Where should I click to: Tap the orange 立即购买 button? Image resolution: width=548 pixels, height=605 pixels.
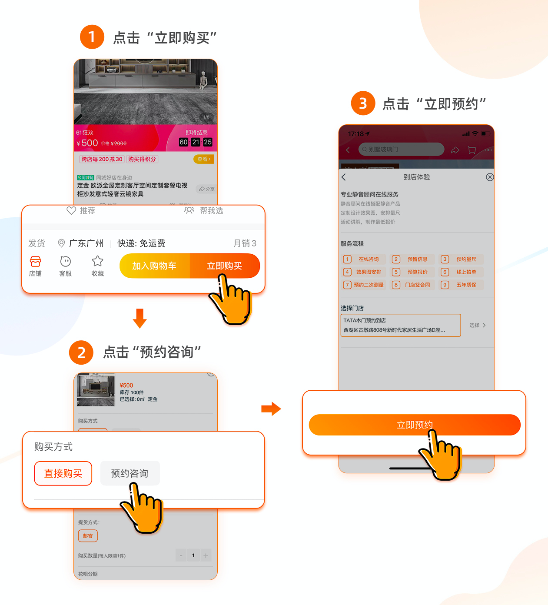coord(225,266)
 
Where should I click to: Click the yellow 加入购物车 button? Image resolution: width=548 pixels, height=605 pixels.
coord(154,266)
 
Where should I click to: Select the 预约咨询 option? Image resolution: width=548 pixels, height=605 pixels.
coord(130,473)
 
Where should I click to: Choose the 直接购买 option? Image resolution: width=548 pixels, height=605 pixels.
coord(63,473)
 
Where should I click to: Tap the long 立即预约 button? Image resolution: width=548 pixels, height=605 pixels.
coord(414,425)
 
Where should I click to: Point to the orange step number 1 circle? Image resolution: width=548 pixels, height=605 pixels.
coord(92,37)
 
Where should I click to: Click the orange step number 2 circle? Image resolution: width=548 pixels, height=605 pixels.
coord(81,352)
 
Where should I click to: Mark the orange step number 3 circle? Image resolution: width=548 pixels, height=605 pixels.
coord(363,103)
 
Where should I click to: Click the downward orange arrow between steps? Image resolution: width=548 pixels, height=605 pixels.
coord(139,318)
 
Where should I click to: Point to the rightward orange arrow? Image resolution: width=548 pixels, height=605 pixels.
coord(271,409)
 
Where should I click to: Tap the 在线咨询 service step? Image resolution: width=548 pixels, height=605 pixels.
coord(364,259)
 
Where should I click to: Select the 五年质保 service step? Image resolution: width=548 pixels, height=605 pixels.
coord(462,285)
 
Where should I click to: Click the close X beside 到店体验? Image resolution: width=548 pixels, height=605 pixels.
coord(490,177)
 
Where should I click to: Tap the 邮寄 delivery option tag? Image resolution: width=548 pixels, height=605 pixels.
coord(88,536)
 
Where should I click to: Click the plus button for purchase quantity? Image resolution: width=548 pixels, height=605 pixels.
coord(206,555)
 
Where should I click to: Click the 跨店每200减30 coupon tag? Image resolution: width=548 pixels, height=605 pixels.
coord(102,159)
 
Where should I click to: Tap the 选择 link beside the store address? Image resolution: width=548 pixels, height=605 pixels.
coord(477,325)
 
